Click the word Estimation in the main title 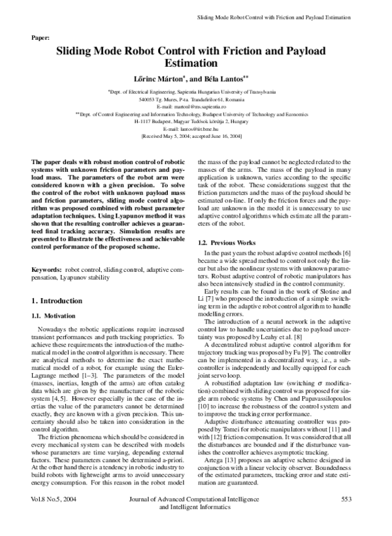pyautogui.click(x=195, y=64)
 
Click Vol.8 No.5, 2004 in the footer pyautogui.click(x=55, y=517)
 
